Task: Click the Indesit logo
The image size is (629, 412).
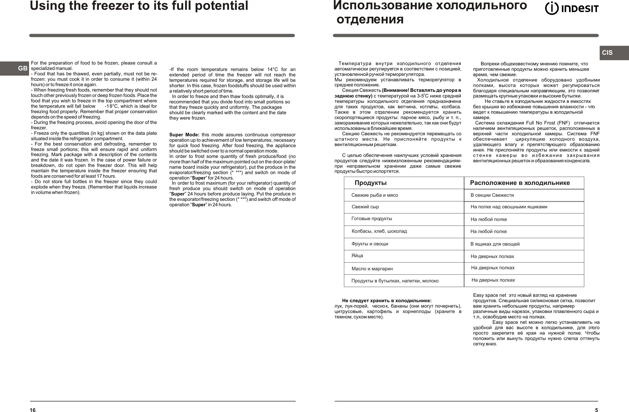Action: coord(572,8)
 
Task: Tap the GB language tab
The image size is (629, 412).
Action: coord(22,68)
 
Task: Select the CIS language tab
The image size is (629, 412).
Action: coord(607,52)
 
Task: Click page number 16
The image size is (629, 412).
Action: coord(32,410)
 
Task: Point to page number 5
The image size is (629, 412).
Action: coord(596,410)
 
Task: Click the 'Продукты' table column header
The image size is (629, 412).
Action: coord(370,183)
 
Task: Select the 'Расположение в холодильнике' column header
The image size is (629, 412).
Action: coord(520,183)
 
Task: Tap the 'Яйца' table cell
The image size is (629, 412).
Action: coord(357,256)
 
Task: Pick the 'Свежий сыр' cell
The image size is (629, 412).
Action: coord(365,207)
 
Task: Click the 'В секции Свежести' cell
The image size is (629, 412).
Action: coord(492,195)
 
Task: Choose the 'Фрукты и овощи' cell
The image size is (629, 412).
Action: coord(370,244)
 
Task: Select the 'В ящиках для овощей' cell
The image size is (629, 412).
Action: coord(495,244)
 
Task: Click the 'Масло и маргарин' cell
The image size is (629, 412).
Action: coord(372,269)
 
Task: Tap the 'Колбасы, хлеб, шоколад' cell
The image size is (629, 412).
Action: coord(379,231)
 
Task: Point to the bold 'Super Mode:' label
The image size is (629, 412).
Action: coord(184,135)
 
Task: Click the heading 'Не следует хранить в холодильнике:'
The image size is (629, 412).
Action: coord(387,300)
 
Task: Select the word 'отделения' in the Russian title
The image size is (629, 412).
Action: coord(370,19)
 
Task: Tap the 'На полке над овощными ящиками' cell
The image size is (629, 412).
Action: coord(509,207)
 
